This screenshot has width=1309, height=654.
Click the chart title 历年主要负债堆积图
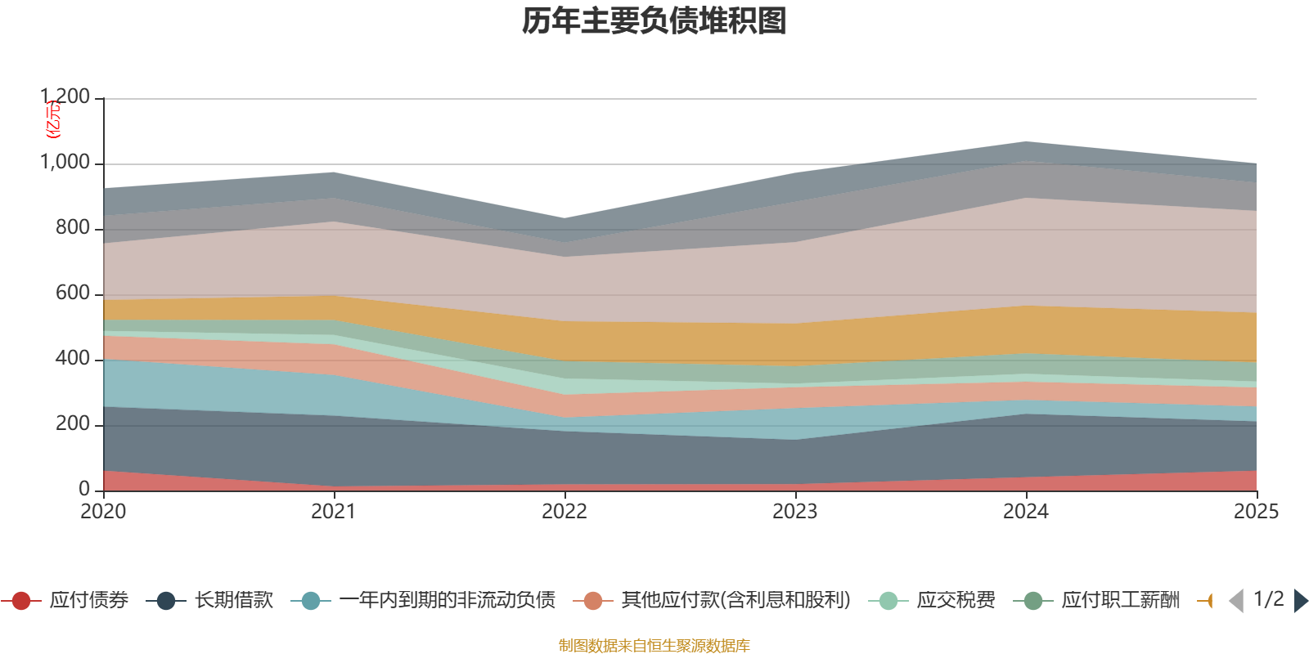click(654, 21)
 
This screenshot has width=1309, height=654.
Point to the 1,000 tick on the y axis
click(65, 163)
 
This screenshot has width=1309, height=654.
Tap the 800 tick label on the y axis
click(73, 228)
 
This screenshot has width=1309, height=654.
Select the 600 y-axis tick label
click(73, 293)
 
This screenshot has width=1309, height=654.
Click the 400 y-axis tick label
click(73, 359)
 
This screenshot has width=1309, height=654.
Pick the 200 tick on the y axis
click(73, 424)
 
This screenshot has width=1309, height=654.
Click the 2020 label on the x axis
click(103, 511)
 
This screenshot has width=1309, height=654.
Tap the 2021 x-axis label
click(334, 511)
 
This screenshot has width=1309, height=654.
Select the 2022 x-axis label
click(565, 511)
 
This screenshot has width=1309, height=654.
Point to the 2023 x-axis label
click(795, 511)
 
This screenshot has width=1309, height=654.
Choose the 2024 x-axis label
click(1026, 511)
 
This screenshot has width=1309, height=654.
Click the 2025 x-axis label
click(1256, 511)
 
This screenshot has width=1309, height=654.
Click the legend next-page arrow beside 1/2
click(1300, 601)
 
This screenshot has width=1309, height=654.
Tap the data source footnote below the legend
click(654, 646)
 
